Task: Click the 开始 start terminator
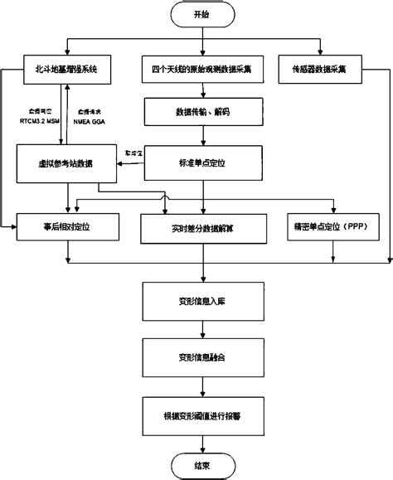pos(196,15)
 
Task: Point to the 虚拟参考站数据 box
pos(66,163)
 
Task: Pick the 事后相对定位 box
pos(66,225)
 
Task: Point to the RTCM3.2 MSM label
pos(36,119)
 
